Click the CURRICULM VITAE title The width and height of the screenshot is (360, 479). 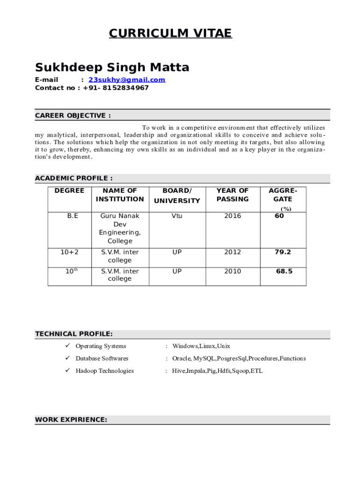click(170, 33)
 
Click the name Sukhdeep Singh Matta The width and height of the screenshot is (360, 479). click(112, 67)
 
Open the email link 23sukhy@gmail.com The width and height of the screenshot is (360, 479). click(127, 80)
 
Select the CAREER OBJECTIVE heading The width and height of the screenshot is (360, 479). click(73, 116)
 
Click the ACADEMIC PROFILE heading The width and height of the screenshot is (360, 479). click(74, 178)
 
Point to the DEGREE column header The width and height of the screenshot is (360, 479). click(70, 191)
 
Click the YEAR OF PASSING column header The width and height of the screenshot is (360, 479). click(232, 195)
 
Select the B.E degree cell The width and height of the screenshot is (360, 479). click(73, 216)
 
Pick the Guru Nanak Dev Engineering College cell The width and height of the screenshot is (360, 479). click(120, 228)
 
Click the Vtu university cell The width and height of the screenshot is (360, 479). click(177, 216)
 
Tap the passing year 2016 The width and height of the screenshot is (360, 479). click(232, 216)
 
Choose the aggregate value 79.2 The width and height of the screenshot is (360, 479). click(283, 252)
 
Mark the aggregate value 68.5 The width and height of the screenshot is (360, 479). click(284, 271)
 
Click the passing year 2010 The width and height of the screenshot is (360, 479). click(232, 271)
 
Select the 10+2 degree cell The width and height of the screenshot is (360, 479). click(70, 252)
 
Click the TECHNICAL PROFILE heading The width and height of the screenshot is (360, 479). click(74, 334)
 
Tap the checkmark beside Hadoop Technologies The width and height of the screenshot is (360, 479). click(66, 371)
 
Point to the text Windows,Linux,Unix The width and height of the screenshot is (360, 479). click(201, 346)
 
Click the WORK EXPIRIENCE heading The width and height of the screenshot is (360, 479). click(71, 420)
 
